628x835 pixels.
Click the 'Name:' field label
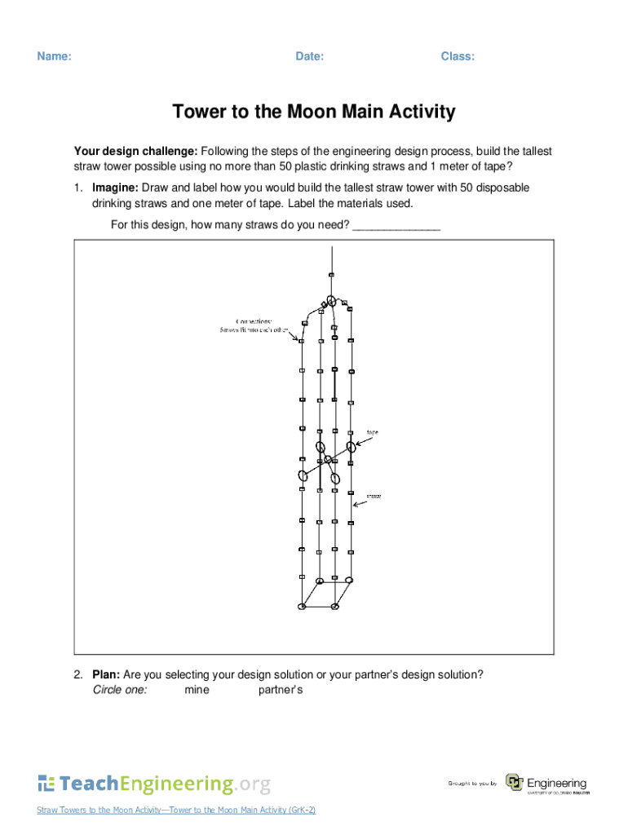pos(54,56)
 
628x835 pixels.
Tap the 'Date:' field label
pos(309,56)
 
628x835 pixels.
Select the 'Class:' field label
pos(458,56)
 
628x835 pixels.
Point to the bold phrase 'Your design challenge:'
pos(135,152)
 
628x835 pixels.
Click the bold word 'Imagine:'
pos(115,188)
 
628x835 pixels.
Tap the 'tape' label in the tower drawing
pos(372,432)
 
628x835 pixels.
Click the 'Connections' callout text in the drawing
pos(254,320)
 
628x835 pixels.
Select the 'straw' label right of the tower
pos(374,495)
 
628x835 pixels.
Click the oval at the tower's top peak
pos(331,300)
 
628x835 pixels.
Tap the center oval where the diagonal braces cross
pos(328,459)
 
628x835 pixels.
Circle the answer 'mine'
pos(197,690)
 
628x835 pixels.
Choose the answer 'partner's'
pos(281,690)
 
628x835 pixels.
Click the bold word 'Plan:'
pos(106,674)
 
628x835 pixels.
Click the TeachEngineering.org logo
pos(153,784)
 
